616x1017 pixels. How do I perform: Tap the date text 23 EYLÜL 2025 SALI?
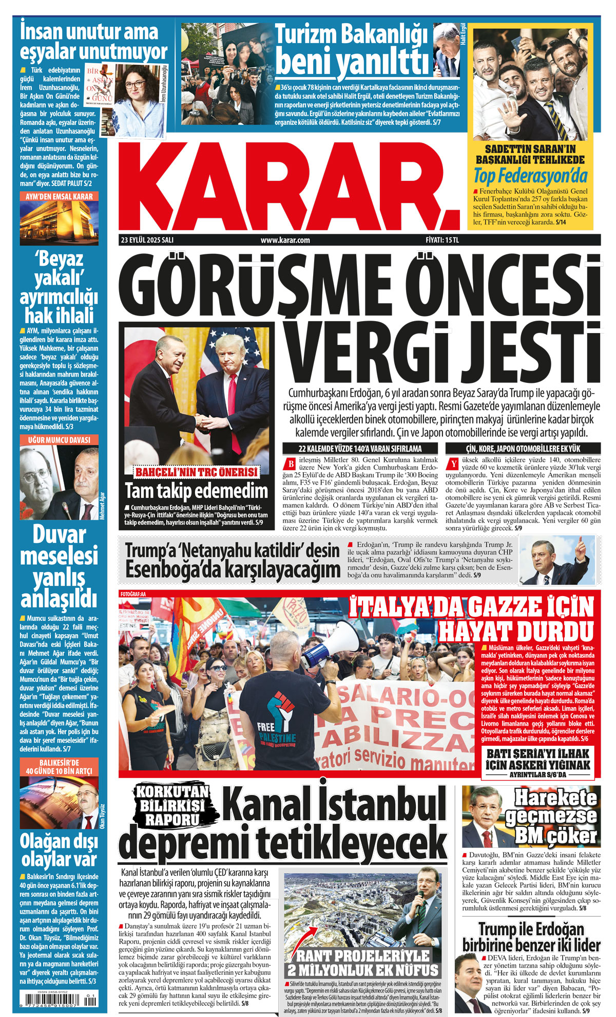pyautogui.click(x=147, y=240)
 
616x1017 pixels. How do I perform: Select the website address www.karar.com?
pyautogui.click(x=285, y=240)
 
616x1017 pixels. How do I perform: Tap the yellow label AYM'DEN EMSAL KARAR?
pyautogui.click(x=60, y=196)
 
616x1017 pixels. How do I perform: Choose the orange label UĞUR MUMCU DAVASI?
pyautogui.click(x=60, y=440)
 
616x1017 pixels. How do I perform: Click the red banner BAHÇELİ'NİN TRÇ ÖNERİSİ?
pyautogui.click(x=196, y=472)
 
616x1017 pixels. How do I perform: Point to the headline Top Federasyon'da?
pyautogui.click(x=530, y=176)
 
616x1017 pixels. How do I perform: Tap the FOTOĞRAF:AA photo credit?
pyautogui.click(x=133, y=594)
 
